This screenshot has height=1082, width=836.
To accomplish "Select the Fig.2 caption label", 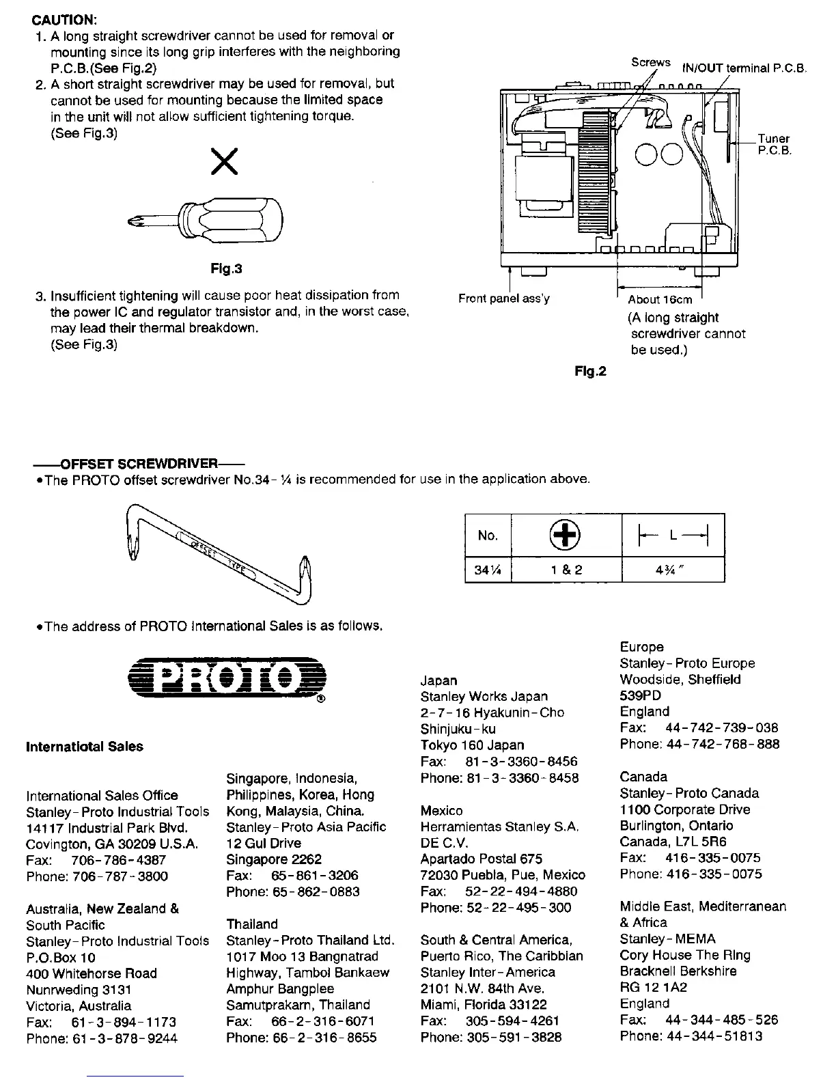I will (590, 371).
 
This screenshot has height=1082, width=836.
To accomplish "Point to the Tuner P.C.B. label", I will (774, 144).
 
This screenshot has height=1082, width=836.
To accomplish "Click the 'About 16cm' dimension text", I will (660, 299).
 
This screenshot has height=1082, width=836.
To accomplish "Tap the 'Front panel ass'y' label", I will (504, 299).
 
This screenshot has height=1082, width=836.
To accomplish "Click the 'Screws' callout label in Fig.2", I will (650, 62).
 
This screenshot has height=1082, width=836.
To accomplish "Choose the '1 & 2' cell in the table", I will (566, 570).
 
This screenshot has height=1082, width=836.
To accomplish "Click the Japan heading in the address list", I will (439, 680).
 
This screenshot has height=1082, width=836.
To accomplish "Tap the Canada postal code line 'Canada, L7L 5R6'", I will (673, 842).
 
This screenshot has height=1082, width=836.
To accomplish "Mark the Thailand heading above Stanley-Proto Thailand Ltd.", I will (252, 924).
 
